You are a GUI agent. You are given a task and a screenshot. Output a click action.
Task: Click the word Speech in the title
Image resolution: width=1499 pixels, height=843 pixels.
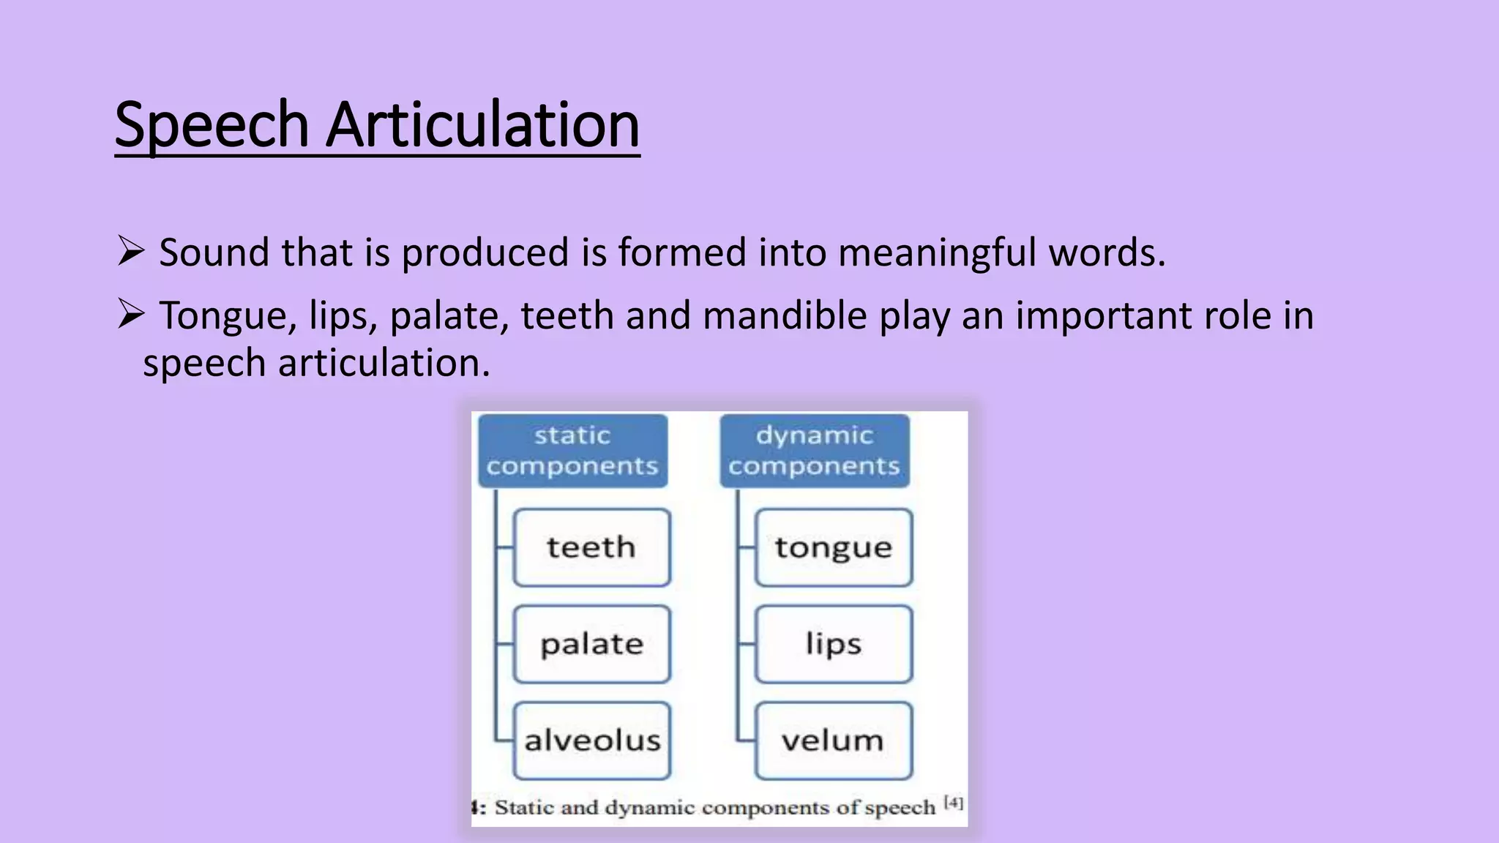pos(212,125)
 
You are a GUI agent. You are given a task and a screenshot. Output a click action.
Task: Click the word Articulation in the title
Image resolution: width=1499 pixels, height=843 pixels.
pos(482,125)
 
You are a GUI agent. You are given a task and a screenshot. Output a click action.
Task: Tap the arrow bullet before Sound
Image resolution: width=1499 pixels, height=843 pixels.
pos(130,252)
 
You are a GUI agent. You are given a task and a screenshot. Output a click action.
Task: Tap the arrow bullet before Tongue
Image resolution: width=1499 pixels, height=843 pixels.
pos(130,315)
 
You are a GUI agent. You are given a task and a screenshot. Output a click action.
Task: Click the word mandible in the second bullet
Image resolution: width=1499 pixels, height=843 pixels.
pos(785,316)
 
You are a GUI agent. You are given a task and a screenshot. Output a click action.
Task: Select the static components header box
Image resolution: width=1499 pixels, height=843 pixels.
pos(572,451)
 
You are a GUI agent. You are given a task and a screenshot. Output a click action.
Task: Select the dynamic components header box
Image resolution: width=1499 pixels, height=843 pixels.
pos(814,451)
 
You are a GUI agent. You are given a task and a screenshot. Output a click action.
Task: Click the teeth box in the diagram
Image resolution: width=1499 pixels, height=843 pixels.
pos(591,547)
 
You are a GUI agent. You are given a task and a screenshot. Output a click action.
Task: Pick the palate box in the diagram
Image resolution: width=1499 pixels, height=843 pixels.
pos(591,644)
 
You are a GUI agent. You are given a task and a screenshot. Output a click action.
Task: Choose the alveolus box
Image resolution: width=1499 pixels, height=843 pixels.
pos(591,741)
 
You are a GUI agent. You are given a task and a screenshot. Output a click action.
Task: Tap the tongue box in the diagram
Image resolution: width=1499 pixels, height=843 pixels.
pos(834,547)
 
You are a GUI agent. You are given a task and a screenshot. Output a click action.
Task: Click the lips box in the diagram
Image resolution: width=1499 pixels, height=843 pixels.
pos(834,644)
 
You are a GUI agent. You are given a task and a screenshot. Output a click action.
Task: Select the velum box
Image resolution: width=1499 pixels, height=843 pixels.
pos(834,741)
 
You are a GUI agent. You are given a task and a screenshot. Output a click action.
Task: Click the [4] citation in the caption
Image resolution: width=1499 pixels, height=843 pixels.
pos(954,803)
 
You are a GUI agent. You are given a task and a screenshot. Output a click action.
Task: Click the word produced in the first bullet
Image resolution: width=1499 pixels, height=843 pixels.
pos(485,253)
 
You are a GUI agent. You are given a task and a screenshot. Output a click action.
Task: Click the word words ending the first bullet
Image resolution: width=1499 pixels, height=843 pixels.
pos(1106,253)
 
